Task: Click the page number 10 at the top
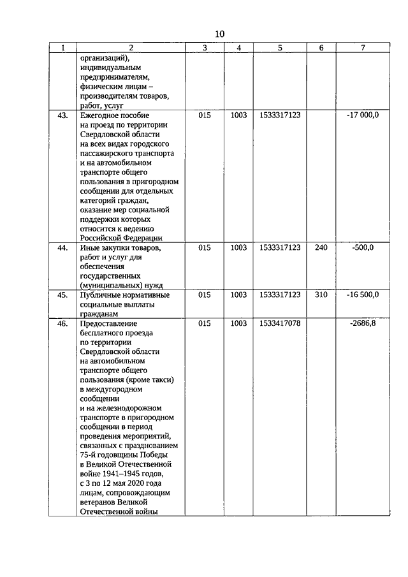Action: tap(219, 34)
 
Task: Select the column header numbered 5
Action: tap(280, 48)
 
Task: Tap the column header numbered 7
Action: tap(362, 48)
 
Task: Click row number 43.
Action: tap(62, 115)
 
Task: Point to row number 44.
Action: tap(62, 247)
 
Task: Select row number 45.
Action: tap(62, 295)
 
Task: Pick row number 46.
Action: tap(62, 324)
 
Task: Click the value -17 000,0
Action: tap(363, 115)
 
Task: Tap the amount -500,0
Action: tap(363, 247)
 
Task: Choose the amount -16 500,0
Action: tap(363, 295)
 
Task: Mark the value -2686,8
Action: tap(363, 324)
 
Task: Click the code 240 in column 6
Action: tap(321, 247)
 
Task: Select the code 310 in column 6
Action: tap(321, 295)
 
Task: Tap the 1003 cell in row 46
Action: tap(238, 324)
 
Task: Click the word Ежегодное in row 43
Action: tap(100, 115)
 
